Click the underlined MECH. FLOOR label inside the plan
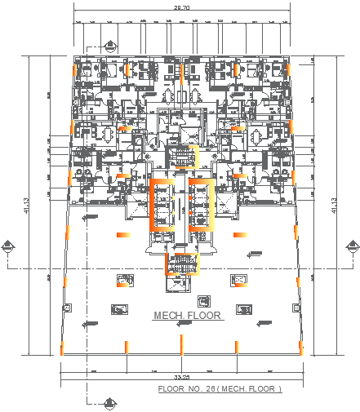(187, 315)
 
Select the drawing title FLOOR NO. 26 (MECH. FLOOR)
(220, 389)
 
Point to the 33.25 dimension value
(182, 377)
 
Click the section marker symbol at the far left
(8, 246)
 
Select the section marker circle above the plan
(109, 45)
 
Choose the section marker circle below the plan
(109, 401)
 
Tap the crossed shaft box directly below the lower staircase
(180, 283)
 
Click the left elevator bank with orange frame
(162, 206)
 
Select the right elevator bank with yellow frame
(201, 206)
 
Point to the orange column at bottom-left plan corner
(62, 349)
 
